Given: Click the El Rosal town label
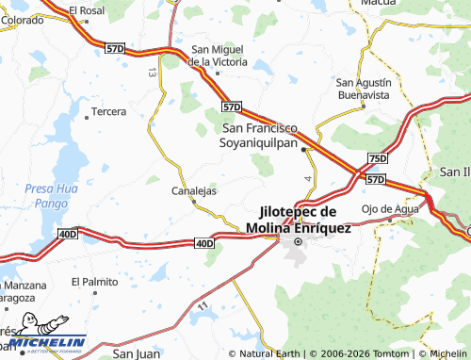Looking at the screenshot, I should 87,10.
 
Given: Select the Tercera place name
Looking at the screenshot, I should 108,112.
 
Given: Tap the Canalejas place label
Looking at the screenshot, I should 194,190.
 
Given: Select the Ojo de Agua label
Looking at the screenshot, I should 382,209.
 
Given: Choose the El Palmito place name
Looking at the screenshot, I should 98,281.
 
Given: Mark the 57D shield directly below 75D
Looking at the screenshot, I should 375,179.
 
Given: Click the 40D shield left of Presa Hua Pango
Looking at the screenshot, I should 67,233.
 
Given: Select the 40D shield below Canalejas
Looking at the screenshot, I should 205,243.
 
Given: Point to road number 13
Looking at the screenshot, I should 152,72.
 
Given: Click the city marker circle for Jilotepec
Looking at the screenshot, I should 299,241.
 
